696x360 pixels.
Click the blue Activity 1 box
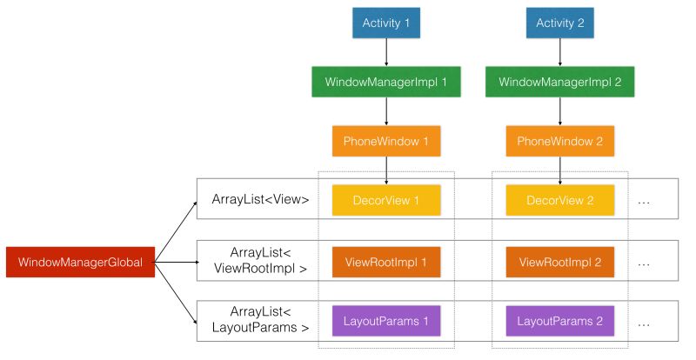pos(386,23)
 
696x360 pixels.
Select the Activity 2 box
pos(559,23)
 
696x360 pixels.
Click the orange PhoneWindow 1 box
pos(386,140)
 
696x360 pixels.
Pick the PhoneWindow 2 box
pos(559,140)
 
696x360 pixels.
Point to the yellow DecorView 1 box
pos(386,200)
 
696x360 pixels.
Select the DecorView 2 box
pos(559,200)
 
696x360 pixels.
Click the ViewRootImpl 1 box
pos(386,261)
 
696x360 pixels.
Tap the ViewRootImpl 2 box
pos(559,261)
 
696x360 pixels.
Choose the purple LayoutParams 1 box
pos(386,321)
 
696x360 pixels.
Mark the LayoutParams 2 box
pos(559,321)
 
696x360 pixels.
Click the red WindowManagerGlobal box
pos(80,261)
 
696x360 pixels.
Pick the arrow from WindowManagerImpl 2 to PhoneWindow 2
pos(559,111)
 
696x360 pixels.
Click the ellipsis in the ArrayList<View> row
pos(645,201)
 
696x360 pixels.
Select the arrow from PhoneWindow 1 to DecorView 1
pos(386,170)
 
